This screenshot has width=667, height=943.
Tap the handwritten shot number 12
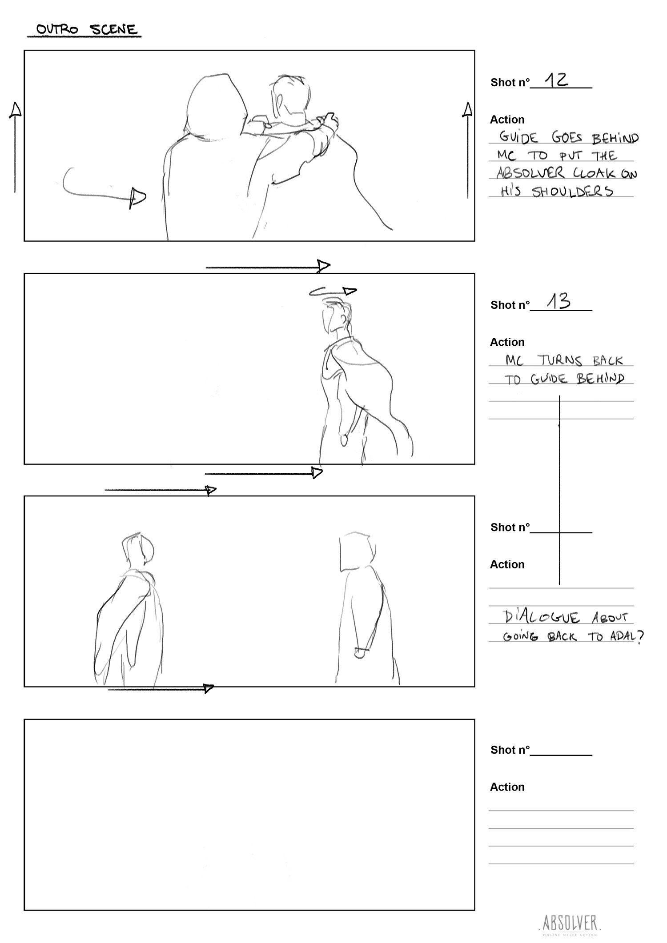(x=556, y=80)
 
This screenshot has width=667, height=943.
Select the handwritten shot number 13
(x=559, y=302)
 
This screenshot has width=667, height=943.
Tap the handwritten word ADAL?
(x=627, y=637)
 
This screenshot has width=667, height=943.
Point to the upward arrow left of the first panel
(x=15, y=148)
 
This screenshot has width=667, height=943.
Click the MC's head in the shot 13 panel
(x=336, y=316)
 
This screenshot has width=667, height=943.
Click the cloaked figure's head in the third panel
(x=138, y=550)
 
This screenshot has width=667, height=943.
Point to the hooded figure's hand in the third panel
(x=360, y=653)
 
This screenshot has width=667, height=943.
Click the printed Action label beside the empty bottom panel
(x=507, y=787)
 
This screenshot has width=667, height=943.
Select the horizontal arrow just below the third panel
(x=161, y=689)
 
